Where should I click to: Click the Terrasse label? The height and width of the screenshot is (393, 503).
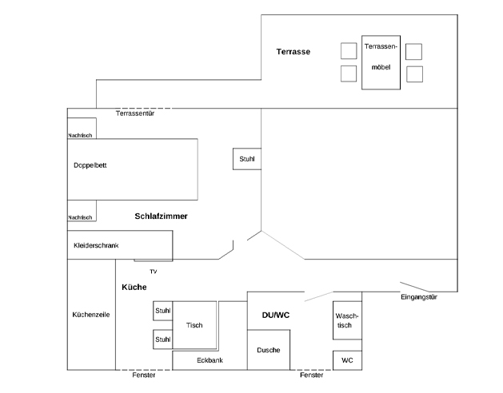point(293,52)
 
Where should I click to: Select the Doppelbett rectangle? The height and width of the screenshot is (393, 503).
point(133,169)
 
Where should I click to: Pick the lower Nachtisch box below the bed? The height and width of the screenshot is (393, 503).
point(82,212)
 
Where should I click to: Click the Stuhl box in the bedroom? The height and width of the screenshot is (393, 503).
point(247,159)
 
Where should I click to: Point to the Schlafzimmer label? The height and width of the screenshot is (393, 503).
point(160,216)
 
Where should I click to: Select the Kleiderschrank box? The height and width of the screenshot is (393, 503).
point(119,245)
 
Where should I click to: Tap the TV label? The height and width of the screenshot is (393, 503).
point(153,272)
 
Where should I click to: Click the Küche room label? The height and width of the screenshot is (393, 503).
point(134,287)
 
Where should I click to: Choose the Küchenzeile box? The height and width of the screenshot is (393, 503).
point(90,315)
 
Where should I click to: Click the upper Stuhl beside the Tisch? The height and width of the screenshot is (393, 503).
point(163,311)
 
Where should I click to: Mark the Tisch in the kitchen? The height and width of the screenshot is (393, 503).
point(194,325)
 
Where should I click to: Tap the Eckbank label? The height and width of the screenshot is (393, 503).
point(210,360)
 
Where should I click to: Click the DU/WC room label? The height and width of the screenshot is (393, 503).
point(276,316)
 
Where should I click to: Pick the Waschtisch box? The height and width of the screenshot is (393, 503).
point(348,320)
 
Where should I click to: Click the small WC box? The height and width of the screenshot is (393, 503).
point(347,360)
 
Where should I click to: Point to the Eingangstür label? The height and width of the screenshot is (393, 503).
point(418,297)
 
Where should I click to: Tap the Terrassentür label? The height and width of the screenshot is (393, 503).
point(134,114)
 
